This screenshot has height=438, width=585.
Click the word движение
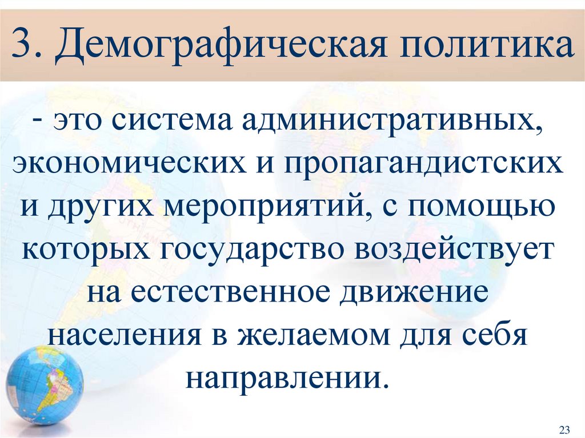coord(416,291)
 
